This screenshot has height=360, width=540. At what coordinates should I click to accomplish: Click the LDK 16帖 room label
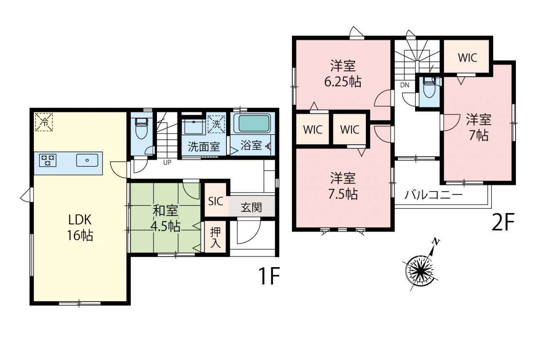click(80, 227)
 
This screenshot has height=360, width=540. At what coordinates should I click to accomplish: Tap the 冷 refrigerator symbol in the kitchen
click(44, 122)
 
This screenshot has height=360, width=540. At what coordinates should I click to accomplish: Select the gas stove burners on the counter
click(48, 160)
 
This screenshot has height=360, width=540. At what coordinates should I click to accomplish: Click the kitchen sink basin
click(87, 160)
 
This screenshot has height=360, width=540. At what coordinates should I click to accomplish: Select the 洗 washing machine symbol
click(216, 124)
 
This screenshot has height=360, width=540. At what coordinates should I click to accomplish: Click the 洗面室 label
click(204, 146)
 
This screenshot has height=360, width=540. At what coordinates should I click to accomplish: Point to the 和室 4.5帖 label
click(165, 218)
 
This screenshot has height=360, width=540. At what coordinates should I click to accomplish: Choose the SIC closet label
click(215, 202)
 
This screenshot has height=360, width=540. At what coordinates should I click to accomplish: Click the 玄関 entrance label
click(251, 207)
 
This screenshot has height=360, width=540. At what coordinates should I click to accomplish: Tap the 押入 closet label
click(215, 238)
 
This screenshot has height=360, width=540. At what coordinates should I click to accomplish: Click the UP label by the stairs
click(167, 162)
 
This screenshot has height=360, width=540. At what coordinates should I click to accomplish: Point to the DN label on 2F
click(405, 85)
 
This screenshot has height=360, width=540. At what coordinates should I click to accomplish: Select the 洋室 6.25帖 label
click(343, 73)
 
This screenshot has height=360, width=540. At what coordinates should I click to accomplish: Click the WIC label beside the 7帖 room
click(467, 58)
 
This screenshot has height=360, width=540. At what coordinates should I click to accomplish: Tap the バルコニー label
click(433, 194)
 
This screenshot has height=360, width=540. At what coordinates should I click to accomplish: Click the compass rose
click(421, 271)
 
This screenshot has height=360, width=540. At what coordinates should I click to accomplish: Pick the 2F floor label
click(503, 222)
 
